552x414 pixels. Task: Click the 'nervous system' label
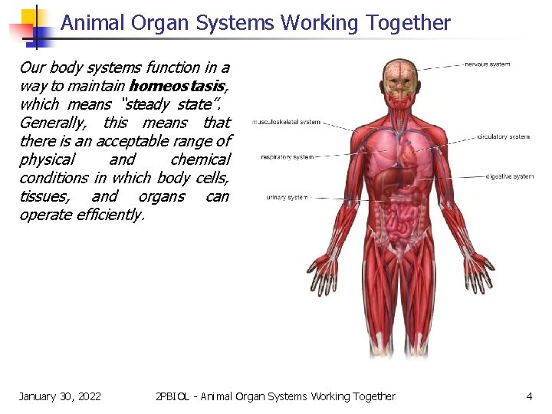click(488, 64)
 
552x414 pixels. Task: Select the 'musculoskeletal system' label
click(287, 122)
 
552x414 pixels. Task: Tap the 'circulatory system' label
click(503, 136)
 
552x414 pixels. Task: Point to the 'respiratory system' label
click(287, 157)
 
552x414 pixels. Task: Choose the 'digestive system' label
click(510, 176)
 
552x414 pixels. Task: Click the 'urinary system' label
click(287, 197)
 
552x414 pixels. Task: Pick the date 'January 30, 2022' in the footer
click(60, 396)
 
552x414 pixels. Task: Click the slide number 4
click(529, 396)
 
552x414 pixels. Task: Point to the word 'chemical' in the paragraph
click(200, 159)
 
